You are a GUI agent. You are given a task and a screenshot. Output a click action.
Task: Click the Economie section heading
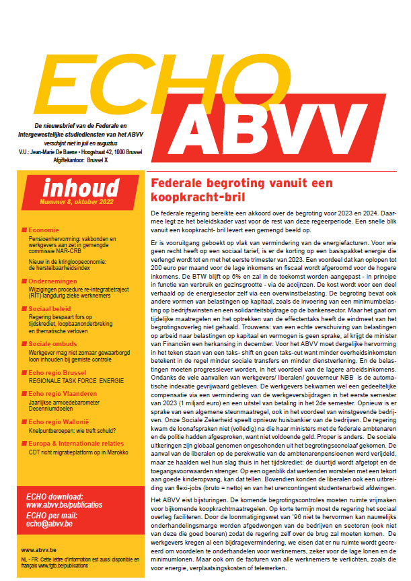(44, 230)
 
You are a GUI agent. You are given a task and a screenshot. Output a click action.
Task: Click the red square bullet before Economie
(24, 230)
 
